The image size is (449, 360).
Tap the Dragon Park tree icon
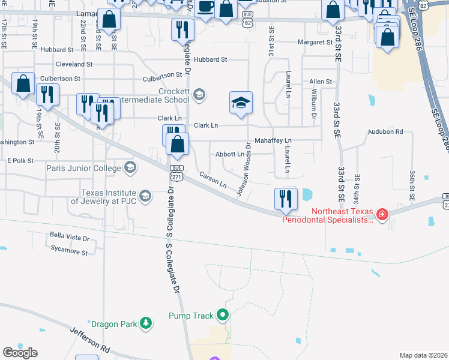tap(145, 324)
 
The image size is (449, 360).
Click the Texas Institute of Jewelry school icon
tap(145, 196)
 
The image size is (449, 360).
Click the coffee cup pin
tap(206, 8)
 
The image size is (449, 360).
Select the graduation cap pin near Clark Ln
tap(240, 103)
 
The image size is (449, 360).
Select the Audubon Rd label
tap(385, 131)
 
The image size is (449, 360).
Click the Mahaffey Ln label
tap(273, 140)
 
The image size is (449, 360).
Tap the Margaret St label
tap(315, 43)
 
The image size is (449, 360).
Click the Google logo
tap(20, 353)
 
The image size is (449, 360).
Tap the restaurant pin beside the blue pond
tap(286, 199)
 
